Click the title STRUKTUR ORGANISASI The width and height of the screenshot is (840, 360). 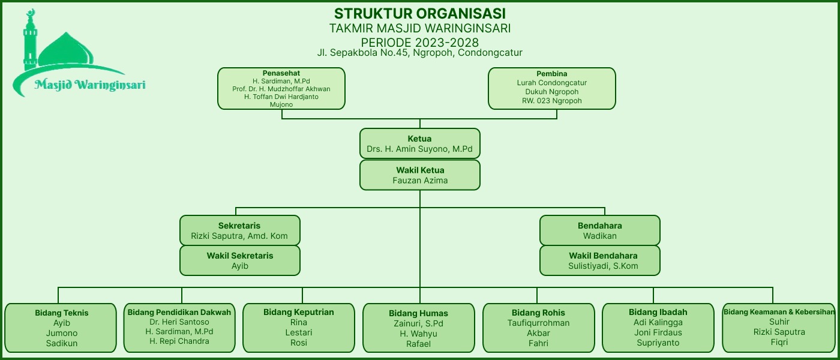tap(419, 13)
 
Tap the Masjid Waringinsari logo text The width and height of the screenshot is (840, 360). tap(90, 85)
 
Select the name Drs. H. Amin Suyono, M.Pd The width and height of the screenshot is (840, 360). tap(420, 149)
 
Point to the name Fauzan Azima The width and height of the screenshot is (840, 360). tap(420, 180)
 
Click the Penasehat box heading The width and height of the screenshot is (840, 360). tap(281, 73)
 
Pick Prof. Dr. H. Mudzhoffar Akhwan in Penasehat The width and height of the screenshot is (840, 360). tap(281, 89)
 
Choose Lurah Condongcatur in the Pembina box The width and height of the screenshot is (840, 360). tap(551, 83)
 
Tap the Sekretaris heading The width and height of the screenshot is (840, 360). tap(239, 226)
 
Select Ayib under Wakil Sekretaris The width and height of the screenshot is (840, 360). tap(240, 266)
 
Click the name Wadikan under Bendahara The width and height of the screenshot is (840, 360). tap(599, 236)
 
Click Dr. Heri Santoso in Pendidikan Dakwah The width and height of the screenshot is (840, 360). tap(179, 322)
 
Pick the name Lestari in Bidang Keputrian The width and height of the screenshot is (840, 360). tap(299, 332)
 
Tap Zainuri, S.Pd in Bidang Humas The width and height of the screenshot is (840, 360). tap(418, 323)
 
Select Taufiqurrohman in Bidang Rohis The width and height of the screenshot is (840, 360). tap(538, 323)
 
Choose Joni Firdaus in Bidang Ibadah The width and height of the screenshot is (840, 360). tap(658, 332)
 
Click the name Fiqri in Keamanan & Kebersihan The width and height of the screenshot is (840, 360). tap(779, 342)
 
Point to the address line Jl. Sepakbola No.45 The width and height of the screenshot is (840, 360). tap(419, 53)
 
